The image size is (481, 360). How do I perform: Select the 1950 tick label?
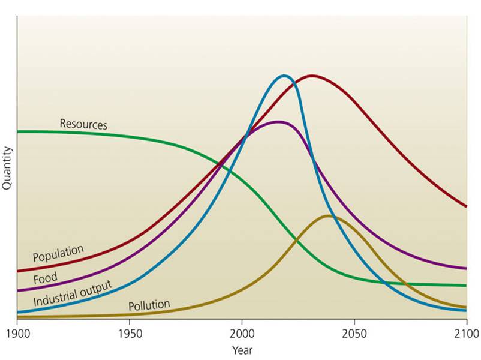[129, 332]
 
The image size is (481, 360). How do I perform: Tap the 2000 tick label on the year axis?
[242, 332]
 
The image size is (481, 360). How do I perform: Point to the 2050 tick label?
[354, 332]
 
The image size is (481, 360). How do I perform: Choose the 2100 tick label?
[467, 332]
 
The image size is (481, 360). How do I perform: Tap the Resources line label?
[83, 124]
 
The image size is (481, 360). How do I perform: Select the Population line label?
[58, 253]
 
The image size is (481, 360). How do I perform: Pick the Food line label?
[46, 278]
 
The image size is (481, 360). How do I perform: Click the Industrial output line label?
[73, 293]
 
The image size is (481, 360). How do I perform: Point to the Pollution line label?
[149, 305]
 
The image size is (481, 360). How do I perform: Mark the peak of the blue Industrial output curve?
[284, 76]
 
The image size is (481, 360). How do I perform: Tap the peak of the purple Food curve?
[278, 122]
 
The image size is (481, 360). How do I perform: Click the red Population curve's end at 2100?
[467, 206]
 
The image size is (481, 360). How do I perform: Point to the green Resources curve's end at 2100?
[467, 286]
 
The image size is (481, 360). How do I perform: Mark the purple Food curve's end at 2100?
[467, 268]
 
